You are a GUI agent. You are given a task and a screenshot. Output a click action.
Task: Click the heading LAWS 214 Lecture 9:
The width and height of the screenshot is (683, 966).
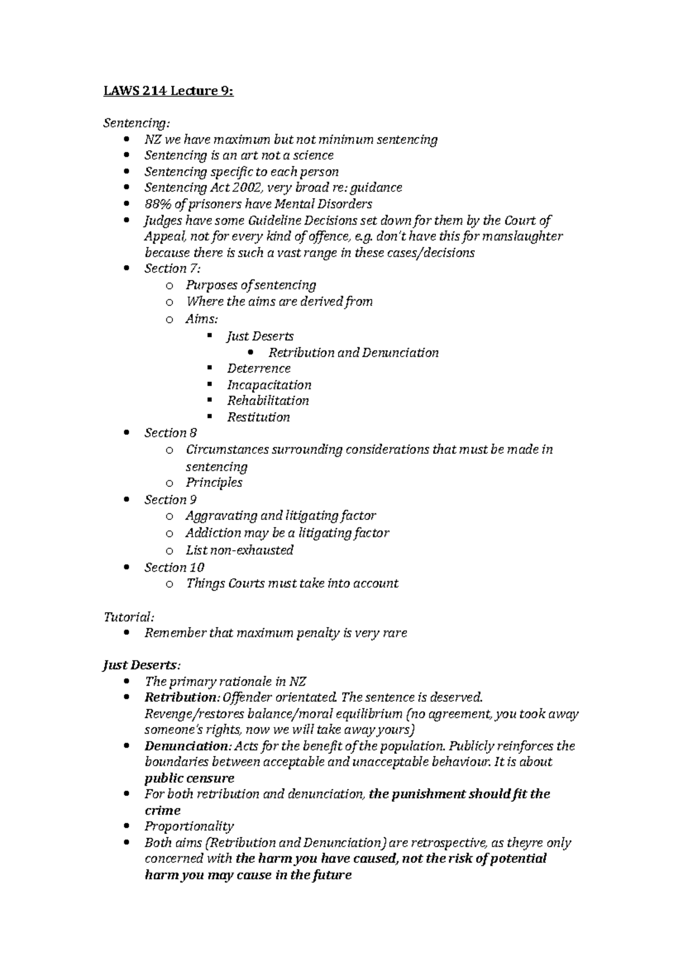click(x=168, y=91)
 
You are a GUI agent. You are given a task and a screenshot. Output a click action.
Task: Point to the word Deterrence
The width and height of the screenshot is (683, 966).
click(x=258, y=369)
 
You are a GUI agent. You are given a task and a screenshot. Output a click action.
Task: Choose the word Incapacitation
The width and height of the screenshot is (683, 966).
click(x=269, y=385)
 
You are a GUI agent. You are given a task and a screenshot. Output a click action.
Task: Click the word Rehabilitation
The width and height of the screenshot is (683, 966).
click(x=268, y=401)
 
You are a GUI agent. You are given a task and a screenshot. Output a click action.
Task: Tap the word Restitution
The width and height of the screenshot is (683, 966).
click(x=258, y=418)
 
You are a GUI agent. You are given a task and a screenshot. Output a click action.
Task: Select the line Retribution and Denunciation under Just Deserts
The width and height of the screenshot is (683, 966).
click(x=353, y=353)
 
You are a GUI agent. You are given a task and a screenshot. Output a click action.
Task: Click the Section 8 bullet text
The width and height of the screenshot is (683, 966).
click(x=170, y=433)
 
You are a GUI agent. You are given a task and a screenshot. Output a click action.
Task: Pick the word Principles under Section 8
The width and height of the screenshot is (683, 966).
click(x=213, y=482)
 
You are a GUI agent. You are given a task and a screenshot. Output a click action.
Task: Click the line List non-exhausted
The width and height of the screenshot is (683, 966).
click(x=239, y=550)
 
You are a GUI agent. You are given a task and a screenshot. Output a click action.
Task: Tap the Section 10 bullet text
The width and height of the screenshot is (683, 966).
click(x=174, y=567)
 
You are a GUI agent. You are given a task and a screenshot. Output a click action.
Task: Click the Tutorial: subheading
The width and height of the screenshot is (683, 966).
click(x=128, y=617)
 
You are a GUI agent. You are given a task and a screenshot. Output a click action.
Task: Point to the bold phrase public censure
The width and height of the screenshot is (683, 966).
click(x=189, y=778)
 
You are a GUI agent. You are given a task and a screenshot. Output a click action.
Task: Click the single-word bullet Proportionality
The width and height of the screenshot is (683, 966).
click(x=189, y=826)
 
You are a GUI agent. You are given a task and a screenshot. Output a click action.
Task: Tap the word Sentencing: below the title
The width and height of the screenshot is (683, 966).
click(x=136, y=123)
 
